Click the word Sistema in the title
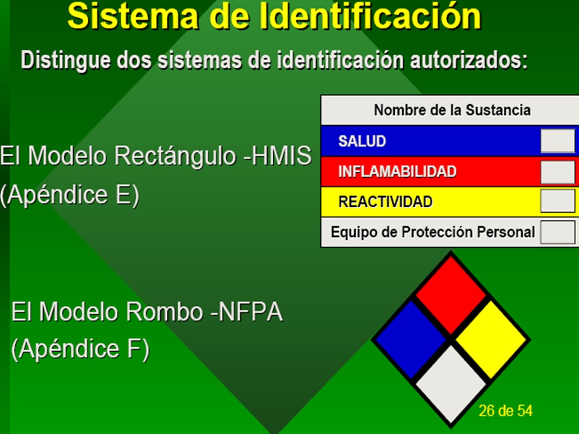coord(132,16)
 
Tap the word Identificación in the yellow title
coord(370,16)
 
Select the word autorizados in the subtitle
coord(469,60)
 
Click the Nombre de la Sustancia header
coord(452,110)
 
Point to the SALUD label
coord(362,141)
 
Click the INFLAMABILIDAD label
coord(397,171)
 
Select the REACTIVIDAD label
coord(385,202)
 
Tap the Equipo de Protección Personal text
coord(432,232)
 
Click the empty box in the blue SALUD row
coord(557,141)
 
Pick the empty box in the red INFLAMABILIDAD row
coord(557,171)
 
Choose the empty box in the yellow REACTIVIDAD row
coord(557,201)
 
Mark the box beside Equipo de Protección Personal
coord(557,232)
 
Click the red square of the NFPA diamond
coord(451,295)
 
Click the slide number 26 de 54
coord(506,411)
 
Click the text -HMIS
coord(277,156)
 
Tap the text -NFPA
coord(246,312)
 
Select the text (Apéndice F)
coord(81,349)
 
